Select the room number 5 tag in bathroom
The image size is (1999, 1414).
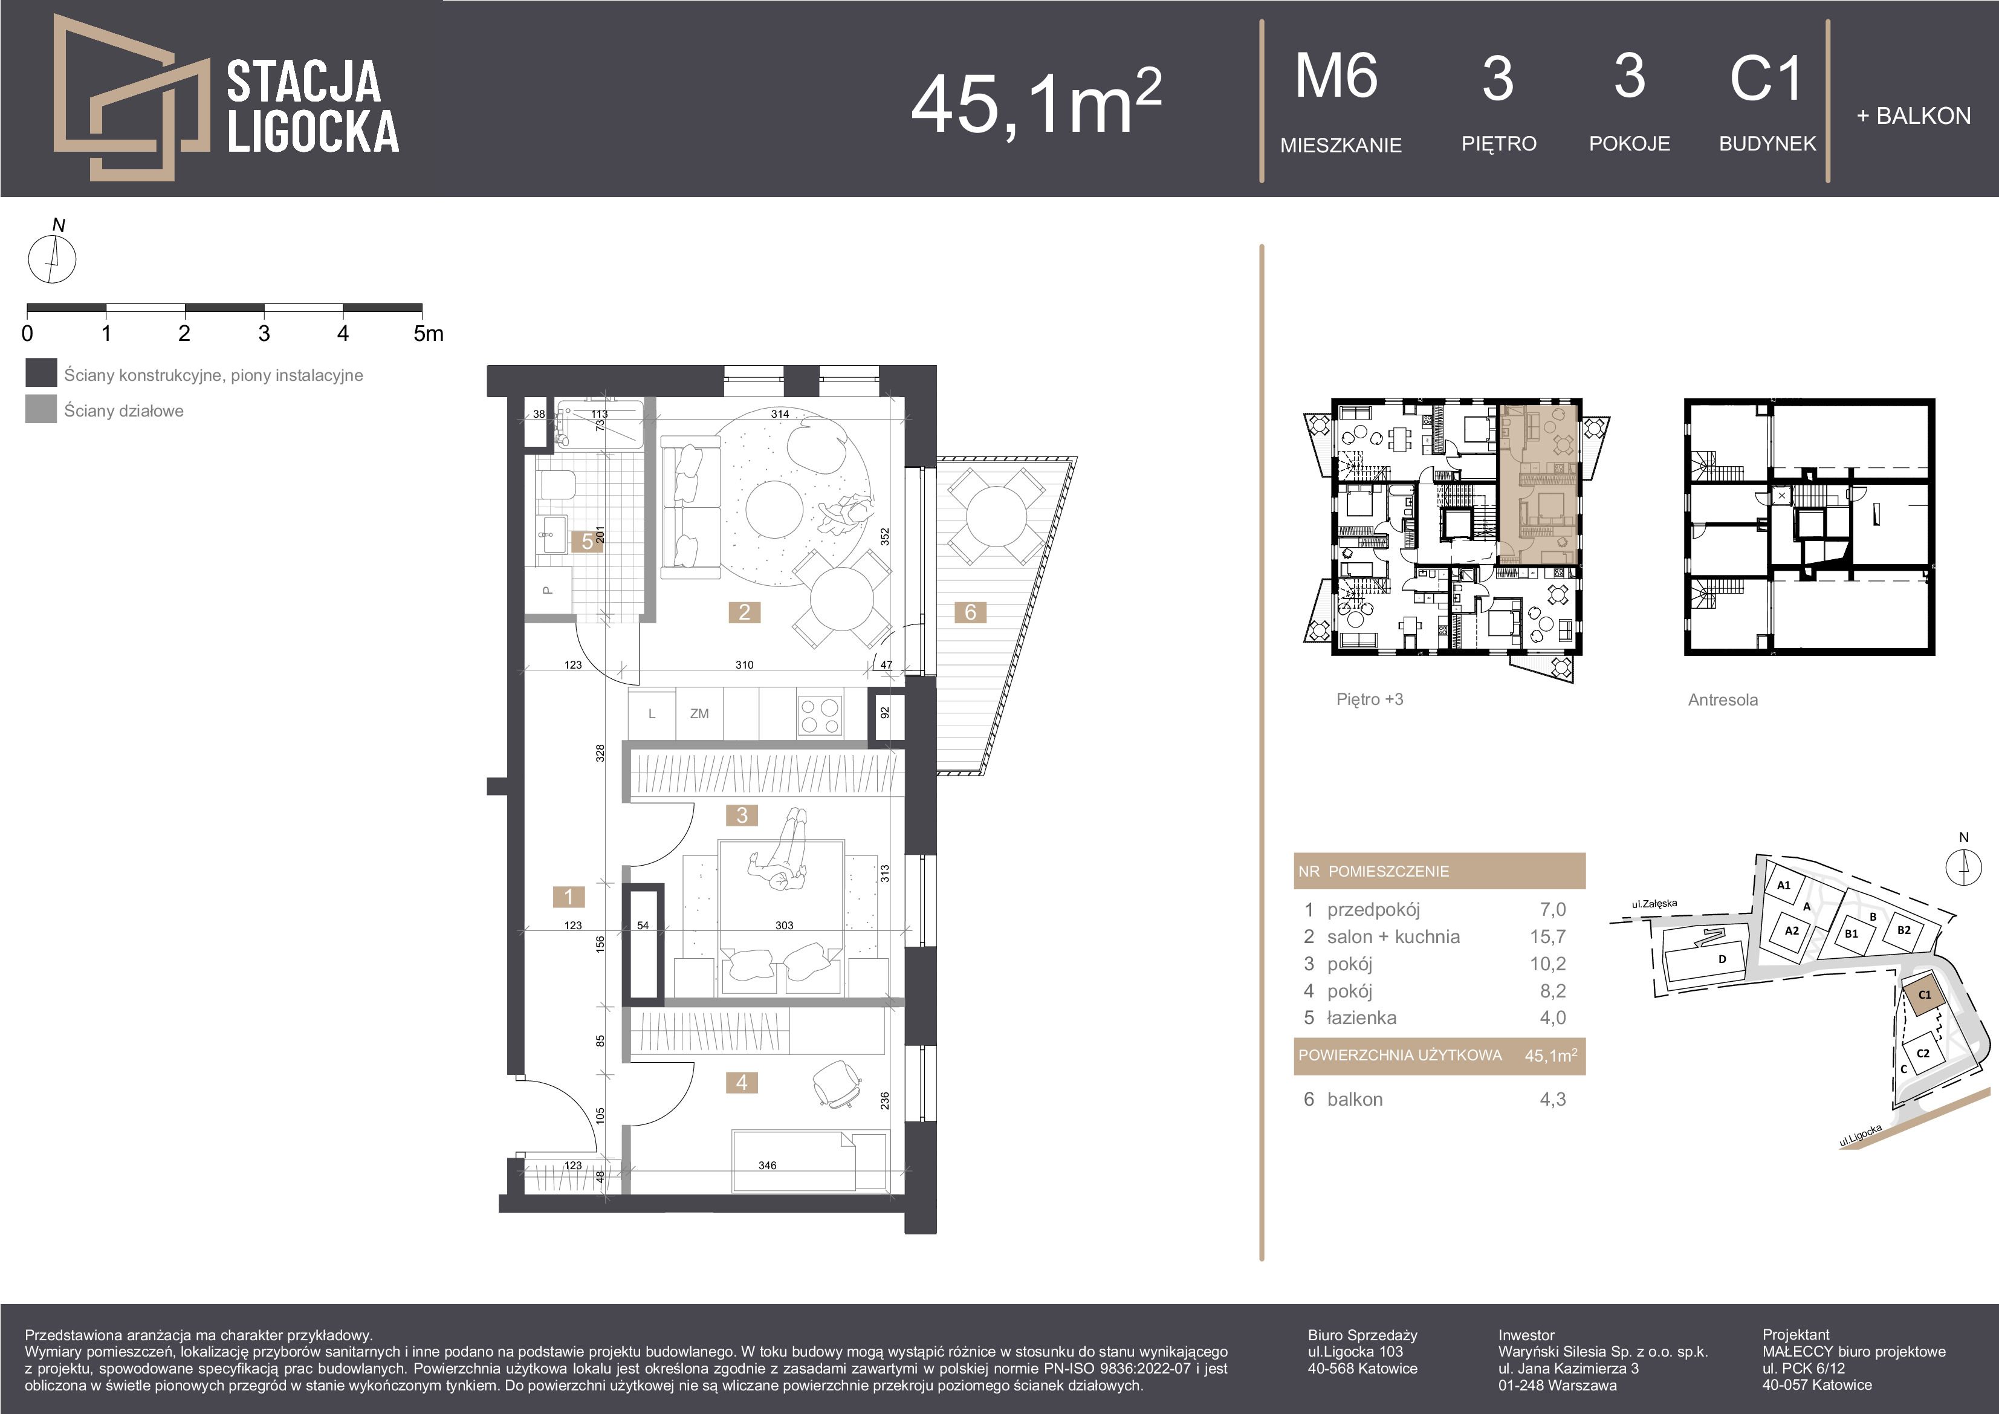[x=588, y=540]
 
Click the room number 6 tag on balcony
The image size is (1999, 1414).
[x=970, y=612]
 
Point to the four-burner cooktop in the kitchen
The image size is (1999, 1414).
[x=819, y=716]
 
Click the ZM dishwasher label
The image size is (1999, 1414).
[x=699, y=713]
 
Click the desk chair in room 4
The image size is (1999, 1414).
[x=837, y=1084]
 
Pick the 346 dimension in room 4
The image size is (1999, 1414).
[x=767, y=1165]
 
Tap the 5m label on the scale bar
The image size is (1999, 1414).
[x=429, y=334]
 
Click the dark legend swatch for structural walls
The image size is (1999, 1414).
[x=41, y=372]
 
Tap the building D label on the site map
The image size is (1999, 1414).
[x=1722, y=959]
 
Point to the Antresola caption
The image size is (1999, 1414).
[x=1723, y=700]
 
